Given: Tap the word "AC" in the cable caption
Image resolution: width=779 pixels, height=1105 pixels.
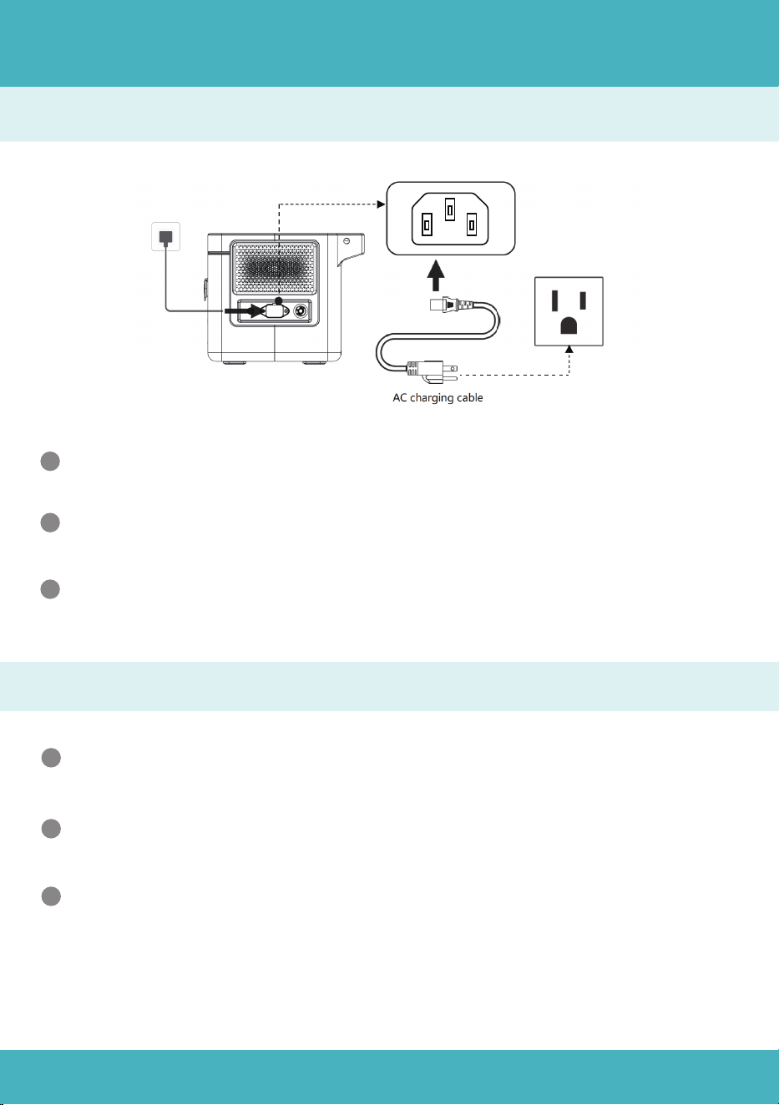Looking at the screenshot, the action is point(400,397).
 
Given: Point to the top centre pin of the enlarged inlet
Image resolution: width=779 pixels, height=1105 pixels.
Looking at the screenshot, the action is point(450,209).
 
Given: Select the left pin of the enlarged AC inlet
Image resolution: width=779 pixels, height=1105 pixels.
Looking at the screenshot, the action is point(427,225).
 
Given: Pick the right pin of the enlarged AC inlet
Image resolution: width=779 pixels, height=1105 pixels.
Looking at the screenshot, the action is point(472,225).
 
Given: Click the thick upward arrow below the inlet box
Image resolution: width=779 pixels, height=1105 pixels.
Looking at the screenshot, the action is point(435,276).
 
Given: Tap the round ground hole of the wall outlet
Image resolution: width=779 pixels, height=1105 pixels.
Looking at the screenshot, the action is point(569,325).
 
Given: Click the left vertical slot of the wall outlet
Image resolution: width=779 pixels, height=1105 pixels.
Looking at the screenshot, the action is point(555,300).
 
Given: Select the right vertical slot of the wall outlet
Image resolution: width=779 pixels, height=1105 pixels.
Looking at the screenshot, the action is point(583,300).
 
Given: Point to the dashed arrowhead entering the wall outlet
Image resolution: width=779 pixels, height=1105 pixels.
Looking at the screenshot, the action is point(569,349).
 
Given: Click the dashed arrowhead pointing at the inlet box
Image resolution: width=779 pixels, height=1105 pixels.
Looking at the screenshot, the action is point(381,204).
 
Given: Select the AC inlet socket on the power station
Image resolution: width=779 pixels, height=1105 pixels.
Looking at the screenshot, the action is point(276,311).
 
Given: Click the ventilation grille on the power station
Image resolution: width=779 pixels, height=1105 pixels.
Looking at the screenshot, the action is point(275,269).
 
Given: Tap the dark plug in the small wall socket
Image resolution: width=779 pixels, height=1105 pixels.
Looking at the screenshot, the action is point(166,238).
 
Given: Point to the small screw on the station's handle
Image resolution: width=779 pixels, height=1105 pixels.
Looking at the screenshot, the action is point(346,240).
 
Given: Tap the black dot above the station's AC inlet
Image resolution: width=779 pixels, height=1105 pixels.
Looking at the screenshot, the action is point(279,300).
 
